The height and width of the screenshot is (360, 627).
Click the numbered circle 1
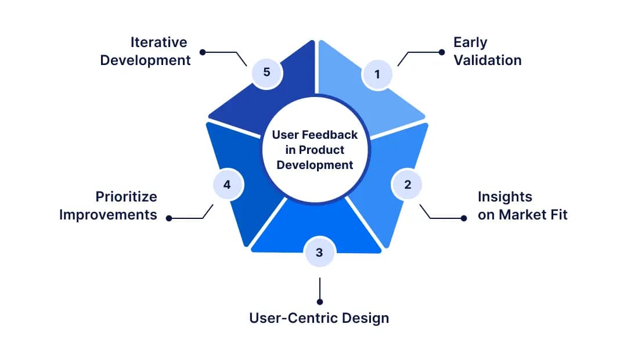(377, 74)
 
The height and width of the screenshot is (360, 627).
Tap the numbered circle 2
(407, 185)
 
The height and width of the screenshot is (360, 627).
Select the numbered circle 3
(319, 252)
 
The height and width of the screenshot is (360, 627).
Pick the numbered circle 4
(227, 185)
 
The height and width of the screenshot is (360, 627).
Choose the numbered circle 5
(266, 72)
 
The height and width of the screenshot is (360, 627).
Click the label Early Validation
(487, 51)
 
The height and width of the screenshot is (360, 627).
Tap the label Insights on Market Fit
(522, 206)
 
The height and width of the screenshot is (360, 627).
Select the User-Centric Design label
(319, 318)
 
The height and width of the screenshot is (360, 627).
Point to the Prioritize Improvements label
(109, 206)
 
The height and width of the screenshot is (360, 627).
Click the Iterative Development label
(145, 51)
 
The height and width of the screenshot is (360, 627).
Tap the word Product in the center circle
(324, 150)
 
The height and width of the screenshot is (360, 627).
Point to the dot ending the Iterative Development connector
(202, 52)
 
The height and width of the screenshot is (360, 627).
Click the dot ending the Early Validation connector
(442, 52)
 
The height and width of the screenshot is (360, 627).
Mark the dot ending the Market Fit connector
(463, 218)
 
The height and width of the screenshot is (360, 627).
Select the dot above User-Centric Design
(319, 301)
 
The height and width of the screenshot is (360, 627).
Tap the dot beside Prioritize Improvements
(169, 218)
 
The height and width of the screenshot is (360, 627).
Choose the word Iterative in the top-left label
(158, 42)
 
